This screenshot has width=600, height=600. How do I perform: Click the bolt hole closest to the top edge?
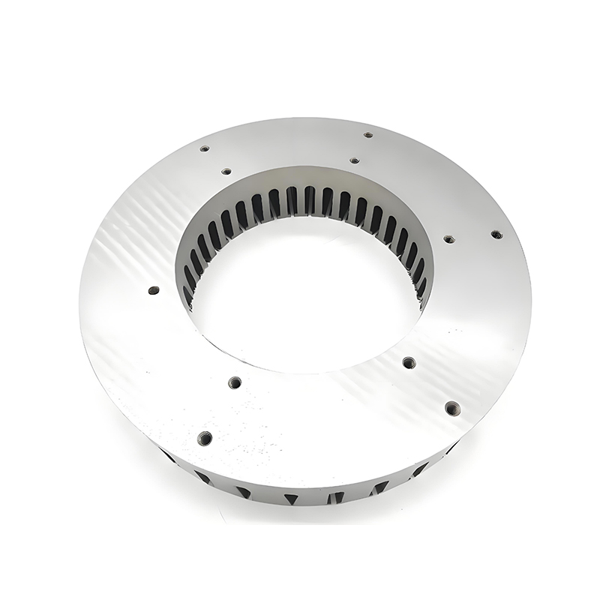[368, 135]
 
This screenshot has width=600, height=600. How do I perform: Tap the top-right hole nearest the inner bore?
[354, 160]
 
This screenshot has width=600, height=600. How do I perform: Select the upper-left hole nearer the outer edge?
[204, 148]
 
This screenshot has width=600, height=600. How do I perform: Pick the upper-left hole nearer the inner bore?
[226, 171]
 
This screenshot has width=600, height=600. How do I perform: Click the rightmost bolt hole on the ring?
[496, 234]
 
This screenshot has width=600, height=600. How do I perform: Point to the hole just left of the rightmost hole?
[448, 239]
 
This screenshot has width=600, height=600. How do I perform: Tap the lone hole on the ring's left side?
[154, 290]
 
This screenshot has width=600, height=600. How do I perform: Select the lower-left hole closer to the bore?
[235, 382]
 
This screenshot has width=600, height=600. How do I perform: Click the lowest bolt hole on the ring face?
[205, 437]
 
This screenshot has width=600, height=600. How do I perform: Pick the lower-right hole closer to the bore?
[409, 363]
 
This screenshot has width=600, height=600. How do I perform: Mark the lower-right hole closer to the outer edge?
[451, 409]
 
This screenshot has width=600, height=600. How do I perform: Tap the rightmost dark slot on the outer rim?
[450, 450]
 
